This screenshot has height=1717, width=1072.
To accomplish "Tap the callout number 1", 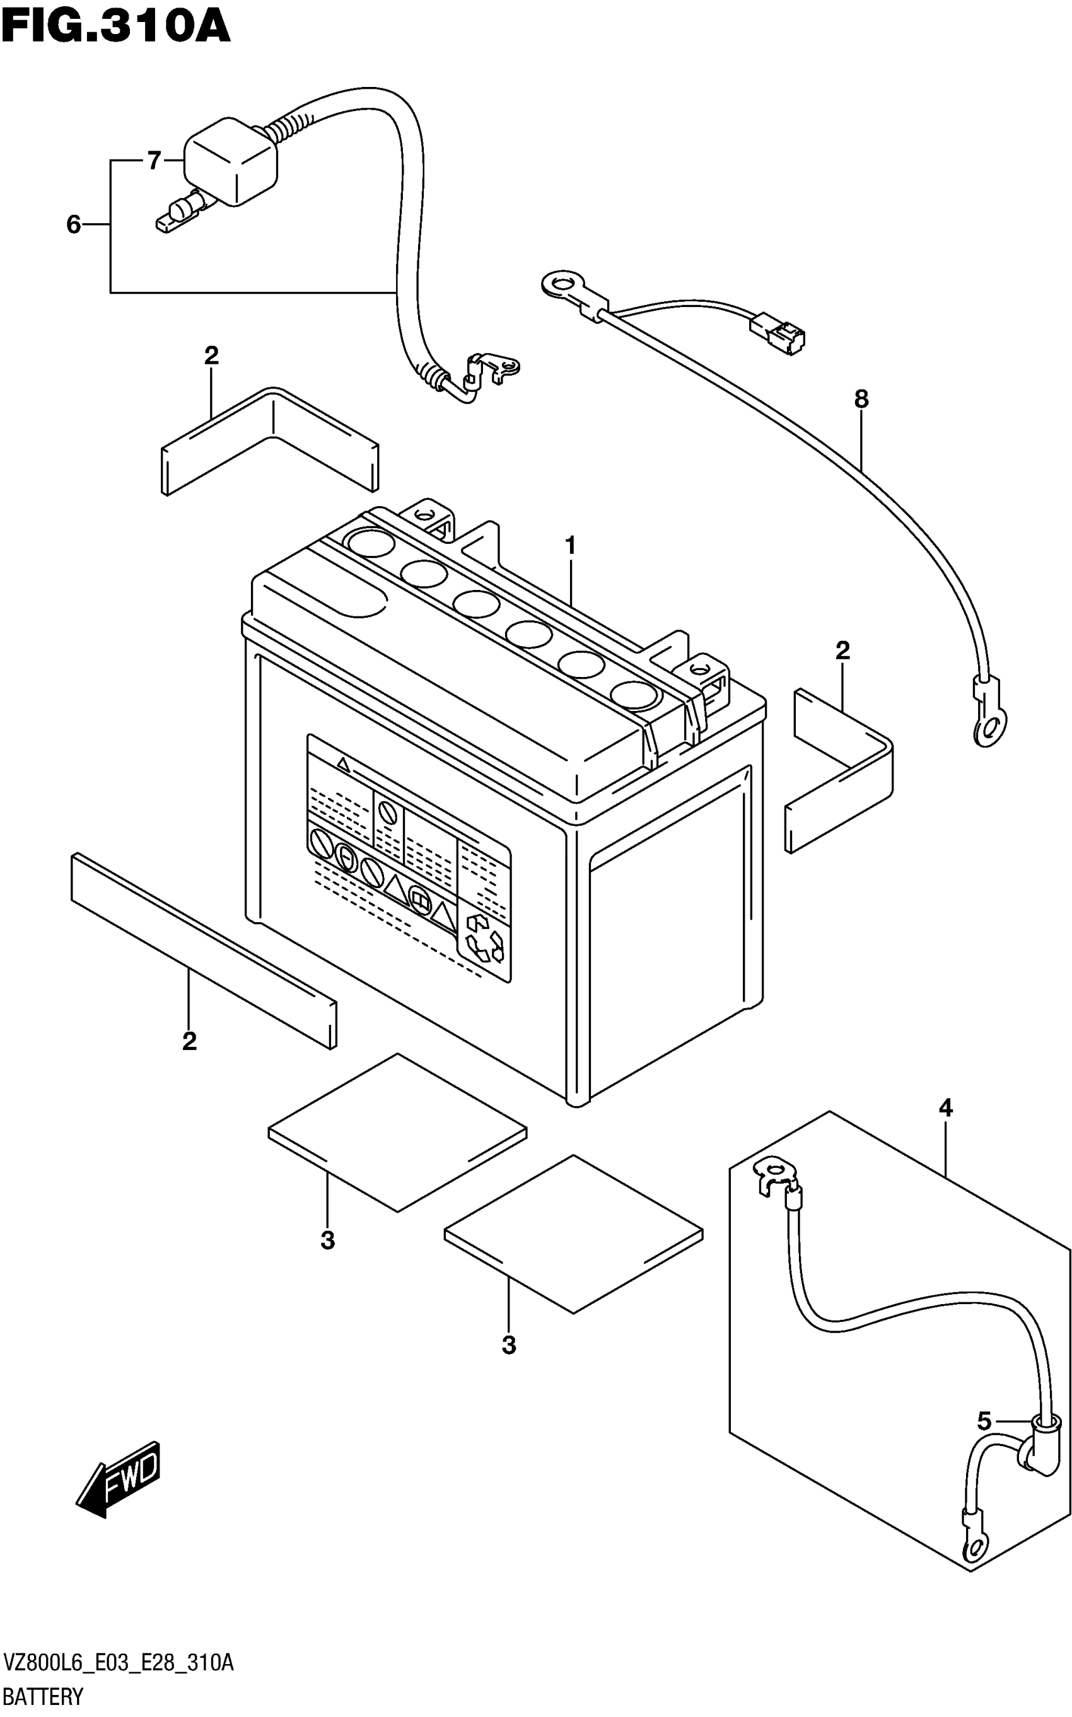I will click(570, 546).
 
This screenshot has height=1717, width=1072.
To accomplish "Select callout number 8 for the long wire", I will click(861, 400).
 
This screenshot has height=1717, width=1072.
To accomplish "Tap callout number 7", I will click(154, 161).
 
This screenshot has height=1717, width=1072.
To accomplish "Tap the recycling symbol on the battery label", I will click(484, 939).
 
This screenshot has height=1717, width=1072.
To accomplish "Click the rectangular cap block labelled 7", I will click(230, 165).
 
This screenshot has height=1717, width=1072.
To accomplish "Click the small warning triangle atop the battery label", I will click(343, 764).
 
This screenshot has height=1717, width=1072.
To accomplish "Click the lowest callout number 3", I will click(508, 1344).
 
